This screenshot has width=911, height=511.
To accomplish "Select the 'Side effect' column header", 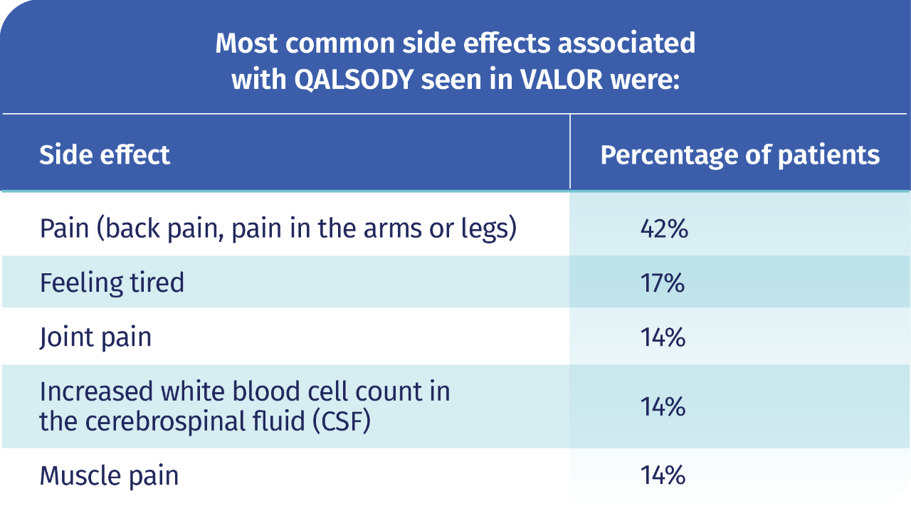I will point(105,154).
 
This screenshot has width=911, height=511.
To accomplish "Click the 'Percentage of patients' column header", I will point(739,154).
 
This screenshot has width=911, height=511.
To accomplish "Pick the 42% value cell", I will point(663,229).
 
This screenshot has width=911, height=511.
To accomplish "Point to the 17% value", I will point(663,283).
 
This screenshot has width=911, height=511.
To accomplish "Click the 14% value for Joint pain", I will point(663,337).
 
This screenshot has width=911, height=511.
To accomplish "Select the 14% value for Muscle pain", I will point(663,475).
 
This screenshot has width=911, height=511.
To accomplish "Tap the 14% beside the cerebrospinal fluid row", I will point(663,407).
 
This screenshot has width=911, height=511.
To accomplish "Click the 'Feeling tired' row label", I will point(112,283).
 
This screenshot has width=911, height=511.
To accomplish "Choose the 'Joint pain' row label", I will point(95,337).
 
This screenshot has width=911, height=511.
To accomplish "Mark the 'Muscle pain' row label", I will point(109,475).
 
